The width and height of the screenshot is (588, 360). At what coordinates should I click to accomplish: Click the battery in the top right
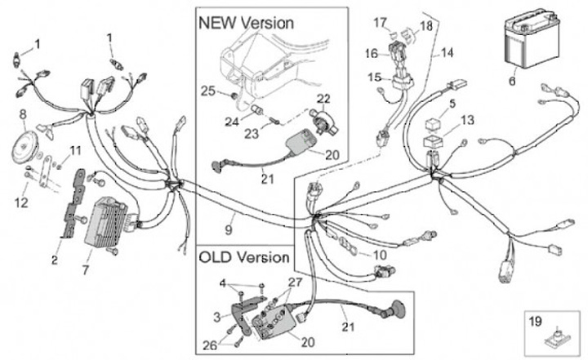pyautogui.click(x=532, y=38)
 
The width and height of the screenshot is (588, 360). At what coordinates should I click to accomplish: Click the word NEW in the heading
pyautogui.click(x=217, y=23)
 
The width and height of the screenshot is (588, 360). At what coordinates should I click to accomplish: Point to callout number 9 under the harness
pyautogui.click(x=229, y=229)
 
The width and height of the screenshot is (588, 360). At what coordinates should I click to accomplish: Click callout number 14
pyautogui.click(x=447, y=53)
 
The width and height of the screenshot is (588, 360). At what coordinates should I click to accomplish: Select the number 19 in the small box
pyautogui.click(x=536, y=321)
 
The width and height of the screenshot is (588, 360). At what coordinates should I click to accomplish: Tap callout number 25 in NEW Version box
pyautogui.click(x=208, y=91)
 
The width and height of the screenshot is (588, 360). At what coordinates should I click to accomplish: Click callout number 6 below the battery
pyautogui.click(x=512, y=81)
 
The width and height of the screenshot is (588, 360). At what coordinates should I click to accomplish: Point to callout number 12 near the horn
pyautogui.click(x=21, y=203)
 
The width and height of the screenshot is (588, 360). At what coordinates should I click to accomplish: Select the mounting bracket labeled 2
pyautogui.click(x=73, y=203)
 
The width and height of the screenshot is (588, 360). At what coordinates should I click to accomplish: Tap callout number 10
pyautogui.click(x=380, y=255)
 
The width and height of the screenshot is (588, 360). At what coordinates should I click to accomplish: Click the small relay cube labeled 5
pyautogui.click(x=432, y=125)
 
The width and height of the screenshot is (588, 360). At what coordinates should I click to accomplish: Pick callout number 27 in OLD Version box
pyautogui.click(x=295, y=282)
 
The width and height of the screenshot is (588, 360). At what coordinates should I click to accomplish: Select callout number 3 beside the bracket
pyautogui.click(x=217, y=318)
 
